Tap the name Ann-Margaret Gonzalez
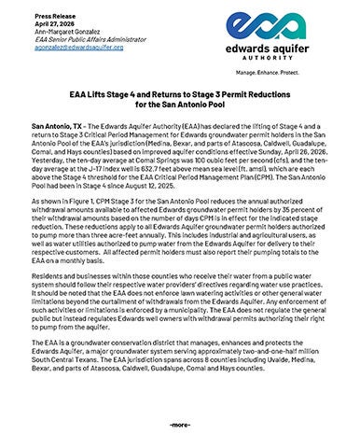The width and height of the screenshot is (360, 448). coord(64,31)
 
